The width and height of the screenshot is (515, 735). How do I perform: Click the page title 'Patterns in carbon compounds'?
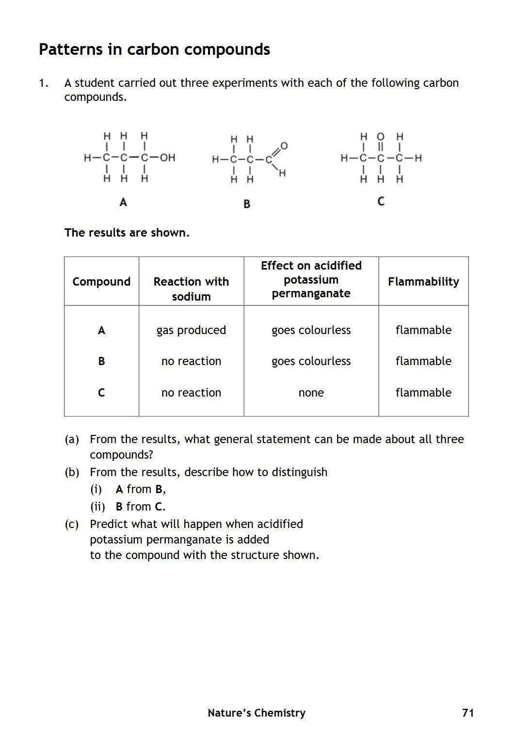pyautogui.click(x=154, y=49)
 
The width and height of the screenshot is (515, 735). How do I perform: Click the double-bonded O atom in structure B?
pyautogui.click(x=284, y=145)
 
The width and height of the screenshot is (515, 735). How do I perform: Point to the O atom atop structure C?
pyautogui.click(x=381, y=136)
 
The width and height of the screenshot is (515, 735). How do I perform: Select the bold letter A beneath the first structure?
pyautogui.click(x=123, y=202)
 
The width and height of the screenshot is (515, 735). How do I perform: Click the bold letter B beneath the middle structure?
pyautogui.click(x=247, y=204)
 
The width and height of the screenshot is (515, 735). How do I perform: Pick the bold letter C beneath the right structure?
pyautogui.click(x=381, y=201)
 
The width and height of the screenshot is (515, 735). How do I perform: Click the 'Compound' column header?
pyautogui.click(x=101, y=282)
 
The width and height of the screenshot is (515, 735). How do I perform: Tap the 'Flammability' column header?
pyautogui.click(x=423, y=282)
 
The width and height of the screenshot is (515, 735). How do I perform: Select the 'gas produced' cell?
pyautogui.click(x=191, y=330)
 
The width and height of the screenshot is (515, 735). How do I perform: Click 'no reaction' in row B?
pyautogui.click(x=191, y=361)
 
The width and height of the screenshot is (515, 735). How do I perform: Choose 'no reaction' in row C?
pyautogui.click(x=191, y=393)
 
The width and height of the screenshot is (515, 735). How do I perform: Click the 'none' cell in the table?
pyautogui.click(x=311, y=393)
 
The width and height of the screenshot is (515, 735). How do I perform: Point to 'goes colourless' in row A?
pyautogui.click(x=311, y=330)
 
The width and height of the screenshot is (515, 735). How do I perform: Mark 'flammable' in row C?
pyautogui.click(x=423, y=393)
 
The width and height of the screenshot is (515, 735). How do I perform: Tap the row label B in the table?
pyautogui.click(x=101, y=361)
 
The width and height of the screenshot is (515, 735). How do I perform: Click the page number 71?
pyautogui.click(x=468, y=713)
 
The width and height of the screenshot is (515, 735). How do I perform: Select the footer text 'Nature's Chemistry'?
pyautogui.click(x=257, y=713)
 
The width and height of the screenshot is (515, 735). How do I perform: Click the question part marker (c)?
pyautogui.click(x=72, y=524)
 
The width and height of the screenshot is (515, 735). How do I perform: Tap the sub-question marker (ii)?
pyautogui.click(x=97, y=507)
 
